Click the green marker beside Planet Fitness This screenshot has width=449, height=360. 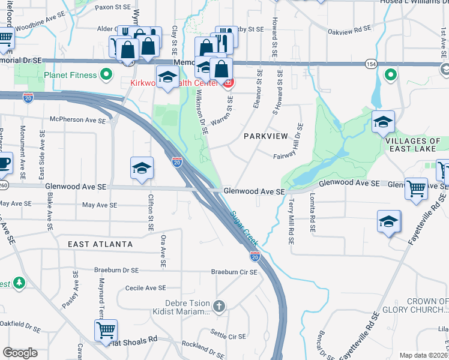tap(107, 75)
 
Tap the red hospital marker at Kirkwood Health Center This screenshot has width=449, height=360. tap(229, 83)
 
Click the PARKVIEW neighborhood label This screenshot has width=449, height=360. tap(267, 136)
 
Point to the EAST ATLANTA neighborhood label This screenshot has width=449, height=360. tap(100, 244)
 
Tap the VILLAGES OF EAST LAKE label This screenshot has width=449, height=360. tap(414, 146)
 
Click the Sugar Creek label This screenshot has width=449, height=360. tap(244, 228)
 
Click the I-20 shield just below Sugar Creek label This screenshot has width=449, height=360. tap(255, 256)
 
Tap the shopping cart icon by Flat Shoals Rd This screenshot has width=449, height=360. tap(106, 330)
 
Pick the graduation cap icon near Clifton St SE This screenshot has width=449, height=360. tap(142, 169)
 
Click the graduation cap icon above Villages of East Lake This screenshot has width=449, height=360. tap(383, 122)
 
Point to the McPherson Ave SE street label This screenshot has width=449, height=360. tap(77, 119)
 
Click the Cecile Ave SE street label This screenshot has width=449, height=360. tap(145, 288)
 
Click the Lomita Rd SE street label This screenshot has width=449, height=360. tap(312, 212)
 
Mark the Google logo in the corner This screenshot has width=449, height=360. tap(20, 353)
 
